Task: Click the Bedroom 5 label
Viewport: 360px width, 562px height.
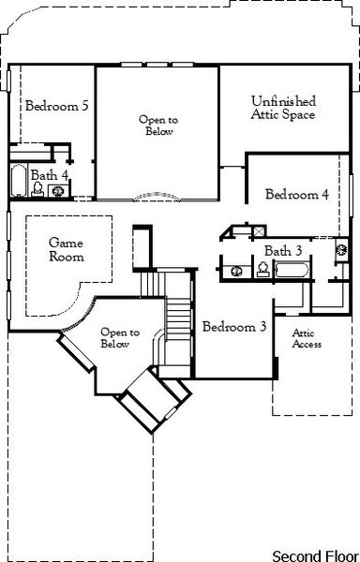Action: tap(56, 106)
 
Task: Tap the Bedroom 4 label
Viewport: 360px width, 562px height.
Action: tap(296, 195)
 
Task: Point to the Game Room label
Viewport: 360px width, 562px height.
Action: tap(67, 248)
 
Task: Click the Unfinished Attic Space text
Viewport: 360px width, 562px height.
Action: tap(283, 108)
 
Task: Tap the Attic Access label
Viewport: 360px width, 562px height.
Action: tap(307, 338)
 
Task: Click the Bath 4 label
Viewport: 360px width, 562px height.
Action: tap(49, 175)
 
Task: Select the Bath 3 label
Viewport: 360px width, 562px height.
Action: tap(283, 251)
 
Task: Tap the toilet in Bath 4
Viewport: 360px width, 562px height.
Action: tap(38, 189)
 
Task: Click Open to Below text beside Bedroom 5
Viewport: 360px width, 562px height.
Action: tap(157, 126)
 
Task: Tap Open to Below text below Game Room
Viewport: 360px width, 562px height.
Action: tap(120, 337)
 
